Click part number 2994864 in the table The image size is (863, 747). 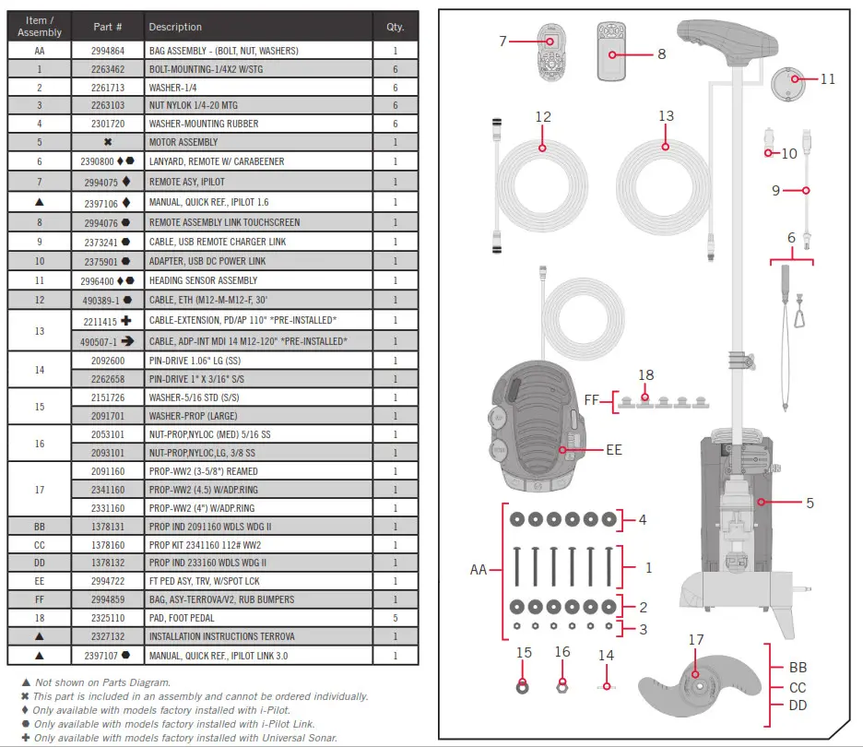pyautogui.click(x=107, y=53)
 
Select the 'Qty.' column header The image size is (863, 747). pyautogui.click(x=396, y=27)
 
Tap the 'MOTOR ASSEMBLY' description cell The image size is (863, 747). pyautogui.click(x=183, y=142)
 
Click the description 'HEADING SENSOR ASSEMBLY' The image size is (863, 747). pyautogui.click(x=203, y=280)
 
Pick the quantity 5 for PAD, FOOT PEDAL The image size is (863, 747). pyautogui.click(x=396, y=618)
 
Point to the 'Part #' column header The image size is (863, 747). pyautogui.click(x=107, y=27)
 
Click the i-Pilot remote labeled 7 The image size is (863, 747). pyautogui.click(x=550, y=53)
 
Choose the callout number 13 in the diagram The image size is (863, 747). pyautogui.click(x=666, y=116)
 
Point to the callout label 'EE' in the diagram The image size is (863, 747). pyautogui.click(x=613, y=450)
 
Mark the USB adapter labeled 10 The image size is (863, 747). pyautogui.click(x=766, y=152)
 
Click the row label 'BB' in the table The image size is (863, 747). pyautogui.click(x=39, y=526)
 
